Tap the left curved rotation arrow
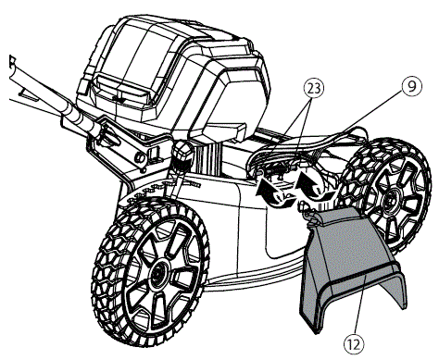coord(271,191)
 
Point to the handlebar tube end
coord(13,67)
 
